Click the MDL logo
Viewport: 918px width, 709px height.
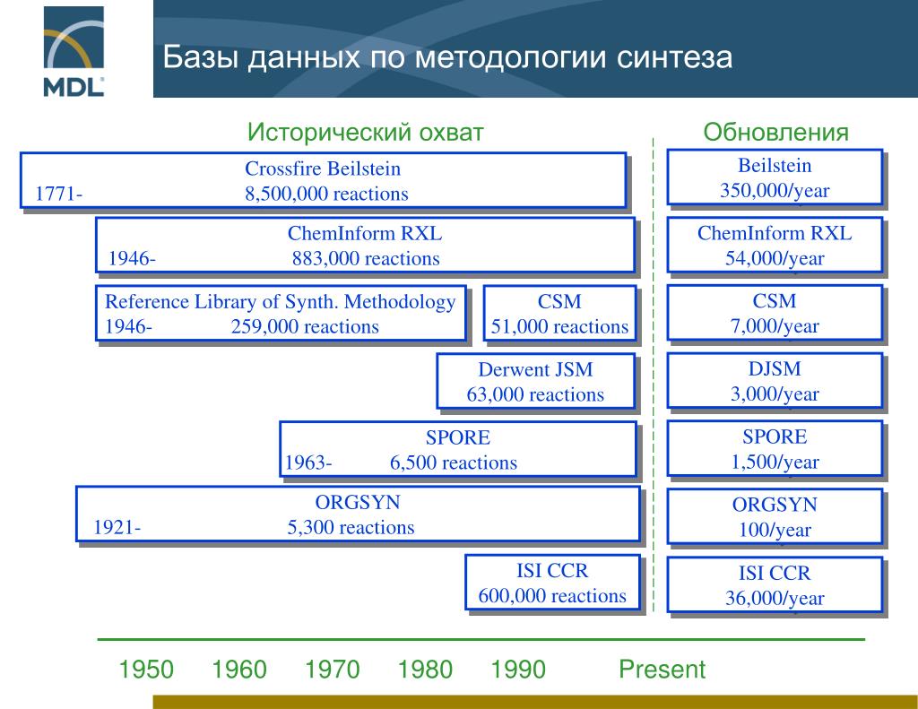coord(74,49)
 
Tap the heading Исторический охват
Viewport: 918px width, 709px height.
coord(366,133)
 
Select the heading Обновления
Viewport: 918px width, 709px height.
coord(775,133)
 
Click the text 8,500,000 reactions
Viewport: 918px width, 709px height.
coord(326,194)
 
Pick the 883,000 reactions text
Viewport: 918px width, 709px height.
coord(366,259)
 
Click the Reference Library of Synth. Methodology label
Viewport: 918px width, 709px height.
coord(281,302)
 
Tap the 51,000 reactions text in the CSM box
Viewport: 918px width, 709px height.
coord(559,326)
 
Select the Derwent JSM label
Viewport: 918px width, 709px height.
coord(536,369)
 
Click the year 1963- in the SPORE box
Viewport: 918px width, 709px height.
coord(308,463)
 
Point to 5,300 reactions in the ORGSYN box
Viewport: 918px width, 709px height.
coord(351,527)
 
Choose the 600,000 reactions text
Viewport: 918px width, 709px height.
coord(552,595)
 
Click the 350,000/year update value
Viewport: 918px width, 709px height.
coord(775,191)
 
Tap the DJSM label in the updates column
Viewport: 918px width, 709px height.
coord(775,368)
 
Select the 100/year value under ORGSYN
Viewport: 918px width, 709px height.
coord(775,530)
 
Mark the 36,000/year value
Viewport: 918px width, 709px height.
coord(775,599)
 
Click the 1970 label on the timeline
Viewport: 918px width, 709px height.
coord(332,670)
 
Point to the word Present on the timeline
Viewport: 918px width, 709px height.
coord(662,669)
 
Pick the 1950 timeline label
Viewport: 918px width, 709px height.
coord(146,670)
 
